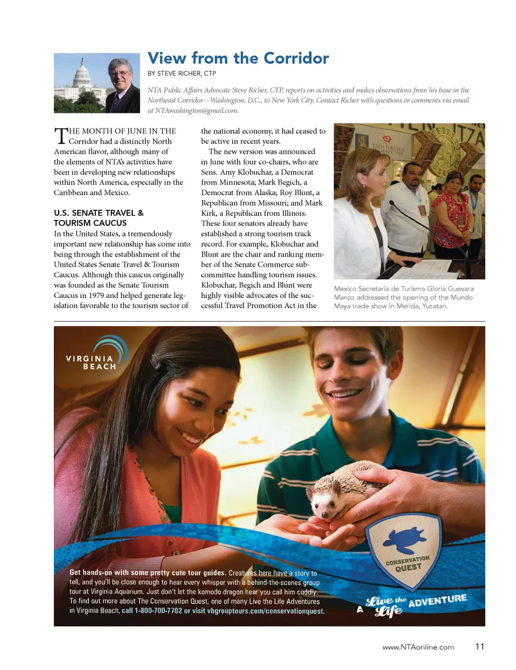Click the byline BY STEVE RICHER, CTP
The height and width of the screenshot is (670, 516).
click(x=182, y=74)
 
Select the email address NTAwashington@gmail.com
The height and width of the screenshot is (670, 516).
click(x=196, y=111)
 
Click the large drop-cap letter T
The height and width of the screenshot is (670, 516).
click(x=61, y=136)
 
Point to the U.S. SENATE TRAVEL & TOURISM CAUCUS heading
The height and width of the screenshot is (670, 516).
click(x=98, y=218)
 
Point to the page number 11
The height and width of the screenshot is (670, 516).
click(x=479, y=646)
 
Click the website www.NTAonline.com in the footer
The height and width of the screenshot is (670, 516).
click(x=418, y=647)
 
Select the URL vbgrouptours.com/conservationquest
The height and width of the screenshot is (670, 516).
click(x=266, y=611)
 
